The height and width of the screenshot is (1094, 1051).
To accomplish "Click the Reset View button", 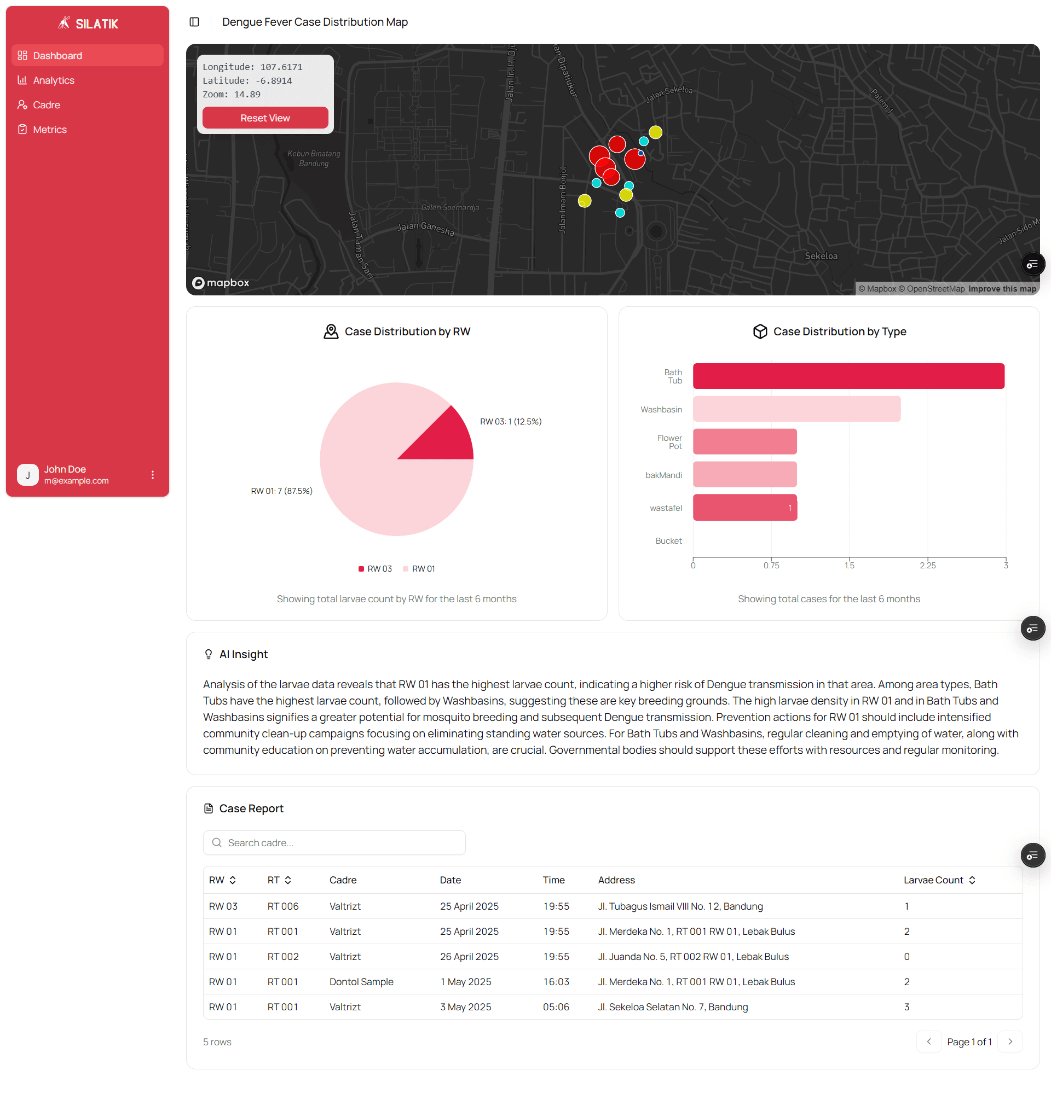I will point(265,118).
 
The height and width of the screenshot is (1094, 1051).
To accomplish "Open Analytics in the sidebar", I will point(54,80).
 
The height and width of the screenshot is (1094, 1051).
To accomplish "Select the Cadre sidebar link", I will point(47,105).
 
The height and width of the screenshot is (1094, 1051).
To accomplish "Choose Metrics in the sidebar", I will point(50,130).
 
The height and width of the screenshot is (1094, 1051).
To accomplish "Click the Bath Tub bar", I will point(848,376).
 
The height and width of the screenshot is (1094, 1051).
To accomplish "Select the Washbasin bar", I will point(796,409).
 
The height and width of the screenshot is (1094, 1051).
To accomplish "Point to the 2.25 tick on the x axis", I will point(927,565).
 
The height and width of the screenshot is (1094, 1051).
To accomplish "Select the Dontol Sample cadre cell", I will point(361,981).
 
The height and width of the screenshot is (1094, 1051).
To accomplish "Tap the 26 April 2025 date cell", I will point(469,956).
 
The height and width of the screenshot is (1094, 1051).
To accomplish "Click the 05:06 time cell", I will point(556,1006).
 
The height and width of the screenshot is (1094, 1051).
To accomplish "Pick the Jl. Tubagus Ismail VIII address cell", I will point(680,906).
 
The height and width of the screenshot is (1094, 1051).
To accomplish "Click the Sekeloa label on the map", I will point(821,256).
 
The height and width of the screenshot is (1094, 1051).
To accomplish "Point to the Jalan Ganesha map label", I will point(425,228).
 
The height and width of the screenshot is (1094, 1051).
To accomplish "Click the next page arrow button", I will point(1010,1041).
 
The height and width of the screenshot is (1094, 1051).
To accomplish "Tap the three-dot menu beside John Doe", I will point(153,474).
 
